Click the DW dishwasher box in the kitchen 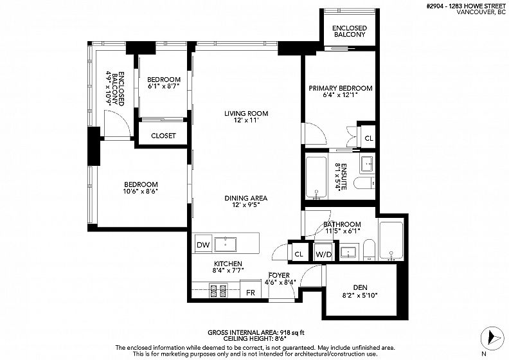click(204, 244)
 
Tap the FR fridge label click(251, 292)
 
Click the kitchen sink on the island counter click(226, 244)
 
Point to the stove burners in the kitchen click(218, 291)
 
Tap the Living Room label click(246, 113)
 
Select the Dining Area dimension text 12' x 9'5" click(246, 205)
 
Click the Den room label click(361, 287)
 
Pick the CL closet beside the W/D click(299, 254)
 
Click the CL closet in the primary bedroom click(369, 138)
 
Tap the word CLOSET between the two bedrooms click(163, 136)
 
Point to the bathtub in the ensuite click(316, 177)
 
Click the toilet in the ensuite click(364, 183)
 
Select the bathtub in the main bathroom click(391, 240)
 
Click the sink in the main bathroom click(348, 252)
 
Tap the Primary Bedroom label click(341, 88)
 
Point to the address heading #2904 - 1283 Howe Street click(466, 6)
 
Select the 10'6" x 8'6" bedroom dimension click(141, 191)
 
